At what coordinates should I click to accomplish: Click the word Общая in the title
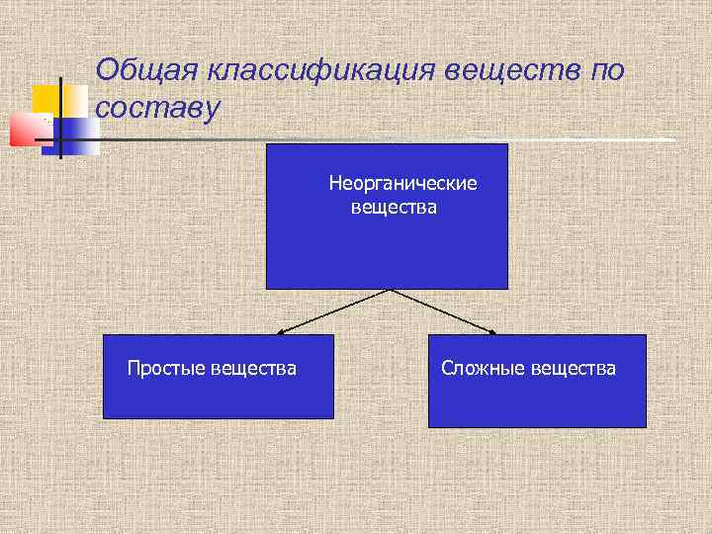(x=145, y=72)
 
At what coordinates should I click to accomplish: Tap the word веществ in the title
(x=511, y=72)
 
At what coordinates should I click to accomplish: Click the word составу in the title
(x=156, y=108)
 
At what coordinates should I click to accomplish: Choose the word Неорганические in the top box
(x=402, y=184)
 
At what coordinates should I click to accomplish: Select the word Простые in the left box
(x=166, y=369)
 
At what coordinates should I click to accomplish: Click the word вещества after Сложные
(x=573, y=369)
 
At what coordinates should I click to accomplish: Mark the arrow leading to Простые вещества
(x=334, y=311)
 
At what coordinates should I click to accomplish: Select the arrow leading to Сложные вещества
(x=443, y=311)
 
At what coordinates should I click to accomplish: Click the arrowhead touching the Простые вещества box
(x=282, y=331)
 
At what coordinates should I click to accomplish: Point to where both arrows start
(x=390, y=290)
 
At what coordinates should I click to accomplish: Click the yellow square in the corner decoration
(x=45, y=99)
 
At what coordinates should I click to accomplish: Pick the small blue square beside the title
(x=79, y=135)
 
